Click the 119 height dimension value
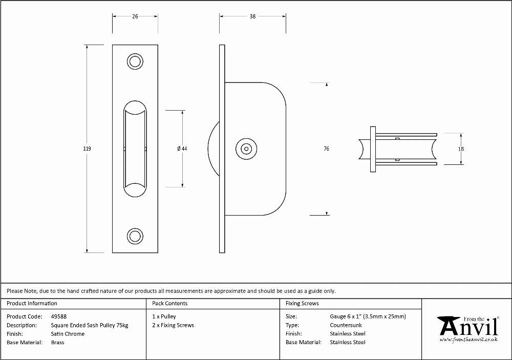click(87, 149)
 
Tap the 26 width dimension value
click(135, 16)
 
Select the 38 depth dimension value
click(252, 16)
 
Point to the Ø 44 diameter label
click(182, 149)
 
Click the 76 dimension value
click(326, 149)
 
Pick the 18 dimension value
click(461, 149)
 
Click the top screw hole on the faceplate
click(135, 61)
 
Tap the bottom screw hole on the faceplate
click(135, 236)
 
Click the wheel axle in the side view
click(246, 149)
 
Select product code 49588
click(59, 316)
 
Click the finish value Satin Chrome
click(68, 334)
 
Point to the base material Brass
click(57, 343)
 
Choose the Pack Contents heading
click(170, 303)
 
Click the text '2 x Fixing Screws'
click(173, 325)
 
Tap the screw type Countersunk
click(346, 325)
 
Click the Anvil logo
click(469, 327)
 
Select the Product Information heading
click(32, 303)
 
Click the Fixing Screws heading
click(303, 303)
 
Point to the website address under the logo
click(468, 340)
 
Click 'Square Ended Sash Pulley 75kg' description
click(90, 325)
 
